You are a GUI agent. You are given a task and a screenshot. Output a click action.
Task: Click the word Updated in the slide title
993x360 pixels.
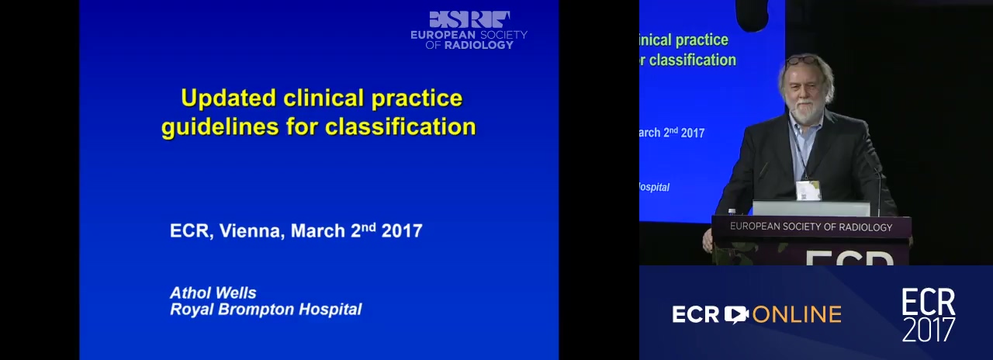228,99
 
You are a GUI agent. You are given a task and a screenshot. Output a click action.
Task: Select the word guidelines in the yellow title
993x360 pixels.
220,127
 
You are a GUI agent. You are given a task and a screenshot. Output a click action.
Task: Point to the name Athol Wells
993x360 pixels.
213,293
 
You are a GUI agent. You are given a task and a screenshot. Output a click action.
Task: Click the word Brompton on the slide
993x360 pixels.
256,310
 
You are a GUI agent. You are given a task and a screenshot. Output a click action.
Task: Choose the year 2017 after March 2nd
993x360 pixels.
402,231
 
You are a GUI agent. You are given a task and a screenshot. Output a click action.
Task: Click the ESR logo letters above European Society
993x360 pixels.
469,19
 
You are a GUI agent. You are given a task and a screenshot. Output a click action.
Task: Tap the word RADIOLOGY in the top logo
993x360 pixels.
479,45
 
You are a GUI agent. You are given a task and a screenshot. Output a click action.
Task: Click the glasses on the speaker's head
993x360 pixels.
801,61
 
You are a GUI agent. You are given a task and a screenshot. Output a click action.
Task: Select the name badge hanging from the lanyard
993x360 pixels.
808,190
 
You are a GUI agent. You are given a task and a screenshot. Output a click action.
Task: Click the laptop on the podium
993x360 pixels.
811,209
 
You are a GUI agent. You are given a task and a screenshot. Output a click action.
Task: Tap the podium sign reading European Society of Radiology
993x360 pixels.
811,227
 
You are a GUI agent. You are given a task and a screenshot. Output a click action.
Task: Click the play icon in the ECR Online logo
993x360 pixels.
736,314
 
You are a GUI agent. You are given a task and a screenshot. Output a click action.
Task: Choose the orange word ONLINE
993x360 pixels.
797,315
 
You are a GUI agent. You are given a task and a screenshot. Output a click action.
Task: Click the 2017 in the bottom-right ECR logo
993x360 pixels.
929,330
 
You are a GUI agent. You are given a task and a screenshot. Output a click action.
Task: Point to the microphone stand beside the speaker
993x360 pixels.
877,187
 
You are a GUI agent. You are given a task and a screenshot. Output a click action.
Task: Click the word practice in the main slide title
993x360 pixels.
417,99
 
